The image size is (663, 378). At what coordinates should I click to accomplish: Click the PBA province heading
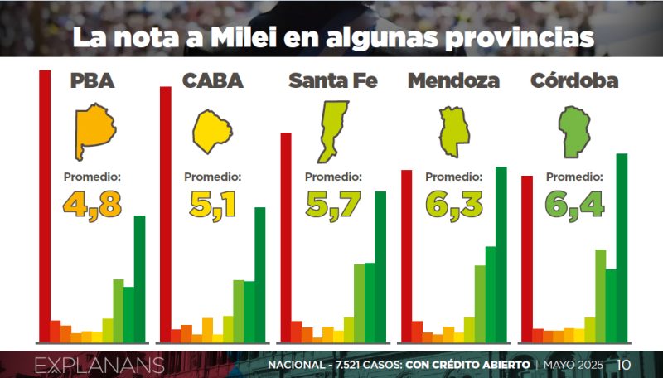[92, 80]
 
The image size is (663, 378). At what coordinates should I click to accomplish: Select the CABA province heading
[212, 80]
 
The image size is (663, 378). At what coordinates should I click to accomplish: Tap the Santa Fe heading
[332, 80]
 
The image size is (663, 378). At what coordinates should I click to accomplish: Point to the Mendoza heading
[453, 80]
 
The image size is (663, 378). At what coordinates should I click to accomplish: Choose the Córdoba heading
[574, 80]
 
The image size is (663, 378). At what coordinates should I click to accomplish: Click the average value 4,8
[92, 204]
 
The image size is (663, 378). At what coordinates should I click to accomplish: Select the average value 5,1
[213, 204]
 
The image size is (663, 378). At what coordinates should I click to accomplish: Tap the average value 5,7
[334, 204]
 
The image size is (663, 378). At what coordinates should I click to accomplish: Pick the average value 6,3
[453, 204]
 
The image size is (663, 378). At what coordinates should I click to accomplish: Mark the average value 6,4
[574, 204]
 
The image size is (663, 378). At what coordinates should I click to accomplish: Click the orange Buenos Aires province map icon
[94, 132]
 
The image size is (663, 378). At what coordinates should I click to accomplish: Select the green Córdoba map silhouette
[573, 131]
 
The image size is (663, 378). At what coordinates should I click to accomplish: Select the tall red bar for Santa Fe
[286, 236]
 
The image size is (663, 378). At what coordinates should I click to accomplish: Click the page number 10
[624, 365]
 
